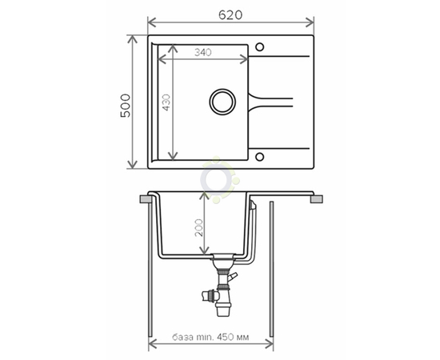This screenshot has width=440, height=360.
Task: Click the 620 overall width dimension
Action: tap(230, 15)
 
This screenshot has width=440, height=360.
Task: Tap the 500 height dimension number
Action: tap(126, 106)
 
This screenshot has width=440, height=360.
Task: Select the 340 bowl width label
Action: tap(203, 52)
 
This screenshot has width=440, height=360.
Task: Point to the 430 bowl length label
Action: tap(166, 102)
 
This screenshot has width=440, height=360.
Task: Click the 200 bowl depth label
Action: tap(198, 227)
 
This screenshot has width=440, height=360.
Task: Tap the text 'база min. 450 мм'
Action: tap(210, 337)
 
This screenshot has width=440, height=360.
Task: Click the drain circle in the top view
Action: tap(222, 102)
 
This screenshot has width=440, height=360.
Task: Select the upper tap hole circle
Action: tap(259, 47)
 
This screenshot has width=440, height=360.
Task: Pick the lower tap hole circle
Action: tap(259, 156)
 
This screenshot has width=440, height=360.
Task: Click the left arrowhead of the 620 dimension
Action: tap(152, 22)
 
